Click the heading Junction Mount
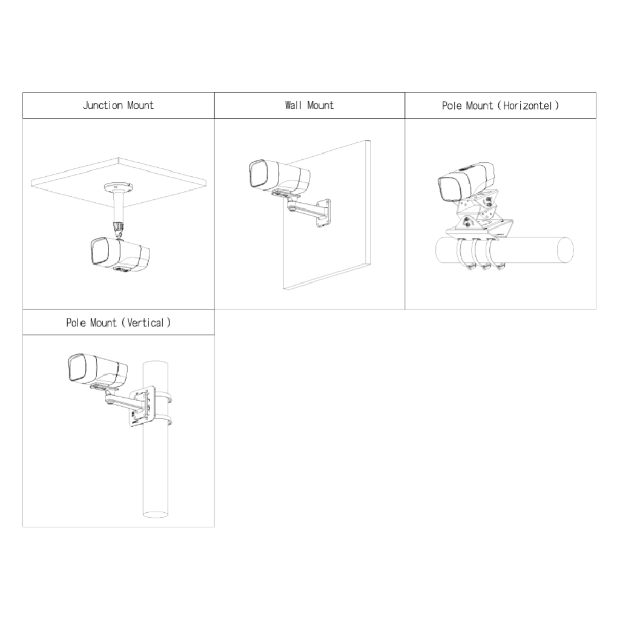(118, 105)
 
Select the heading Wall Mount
(309, 105)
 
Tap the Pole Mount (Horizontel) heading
(500, 105)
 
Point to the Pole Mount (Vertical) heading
(118, 323)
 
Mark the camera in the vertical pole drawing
(97, 368)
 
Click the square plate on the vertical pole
(143, 404)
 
